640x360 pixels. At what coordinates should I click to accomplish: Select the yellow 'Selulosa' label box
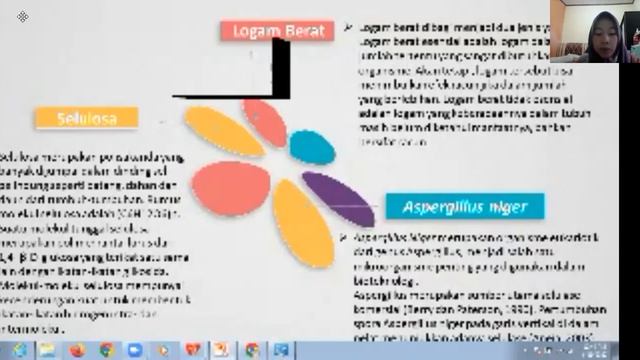tap(86, 118)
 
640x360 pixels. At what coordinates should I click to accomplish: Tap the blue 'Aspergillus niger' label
tap(465, 208)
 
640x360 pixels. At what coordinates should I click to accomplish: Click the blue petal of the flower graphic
tap(306, 146)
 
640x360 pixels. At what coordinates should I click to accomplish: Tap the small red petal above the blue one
tap(265, 120)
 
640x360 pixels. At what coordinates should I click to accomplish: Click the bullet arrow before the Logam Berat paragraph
tap(346, 28)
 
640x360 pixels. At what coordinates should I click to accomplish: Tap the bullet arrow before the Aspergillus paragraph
tap(346, 237)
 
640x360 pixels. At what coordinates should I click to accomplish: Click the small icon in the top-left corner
tap(23, 17)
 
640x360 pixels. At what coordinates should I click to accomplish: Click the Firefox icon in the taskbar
tap(76, 349)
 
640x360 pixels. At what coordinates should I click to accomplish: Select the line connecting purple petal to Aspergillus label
tap(364, 208)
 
